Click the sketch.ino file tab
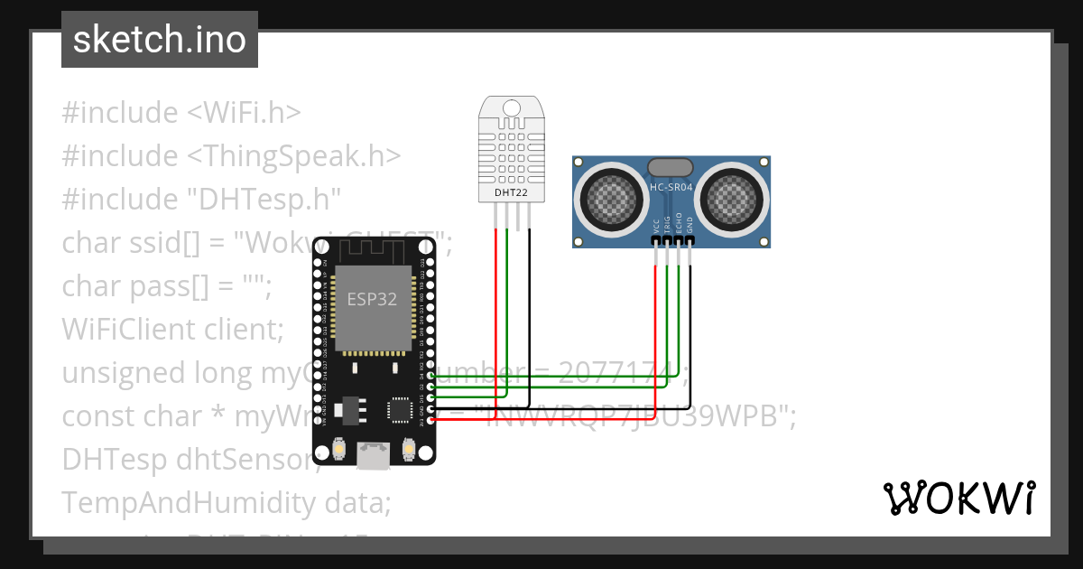click(x=159, y=40)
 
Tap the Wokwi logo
click(x=958, y=498)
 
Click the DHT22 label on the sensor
click(x=512, y=191)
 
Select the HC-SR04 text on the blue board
click(x=671, y=187)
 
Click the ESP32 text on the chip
click(x=372, y=299)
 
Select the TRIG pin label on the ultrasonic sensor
click(x=667, y=226)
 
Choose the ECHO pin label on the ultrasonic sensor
click(x=679, y=226)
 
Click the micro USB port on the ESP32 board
click(x=373, y=455)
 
